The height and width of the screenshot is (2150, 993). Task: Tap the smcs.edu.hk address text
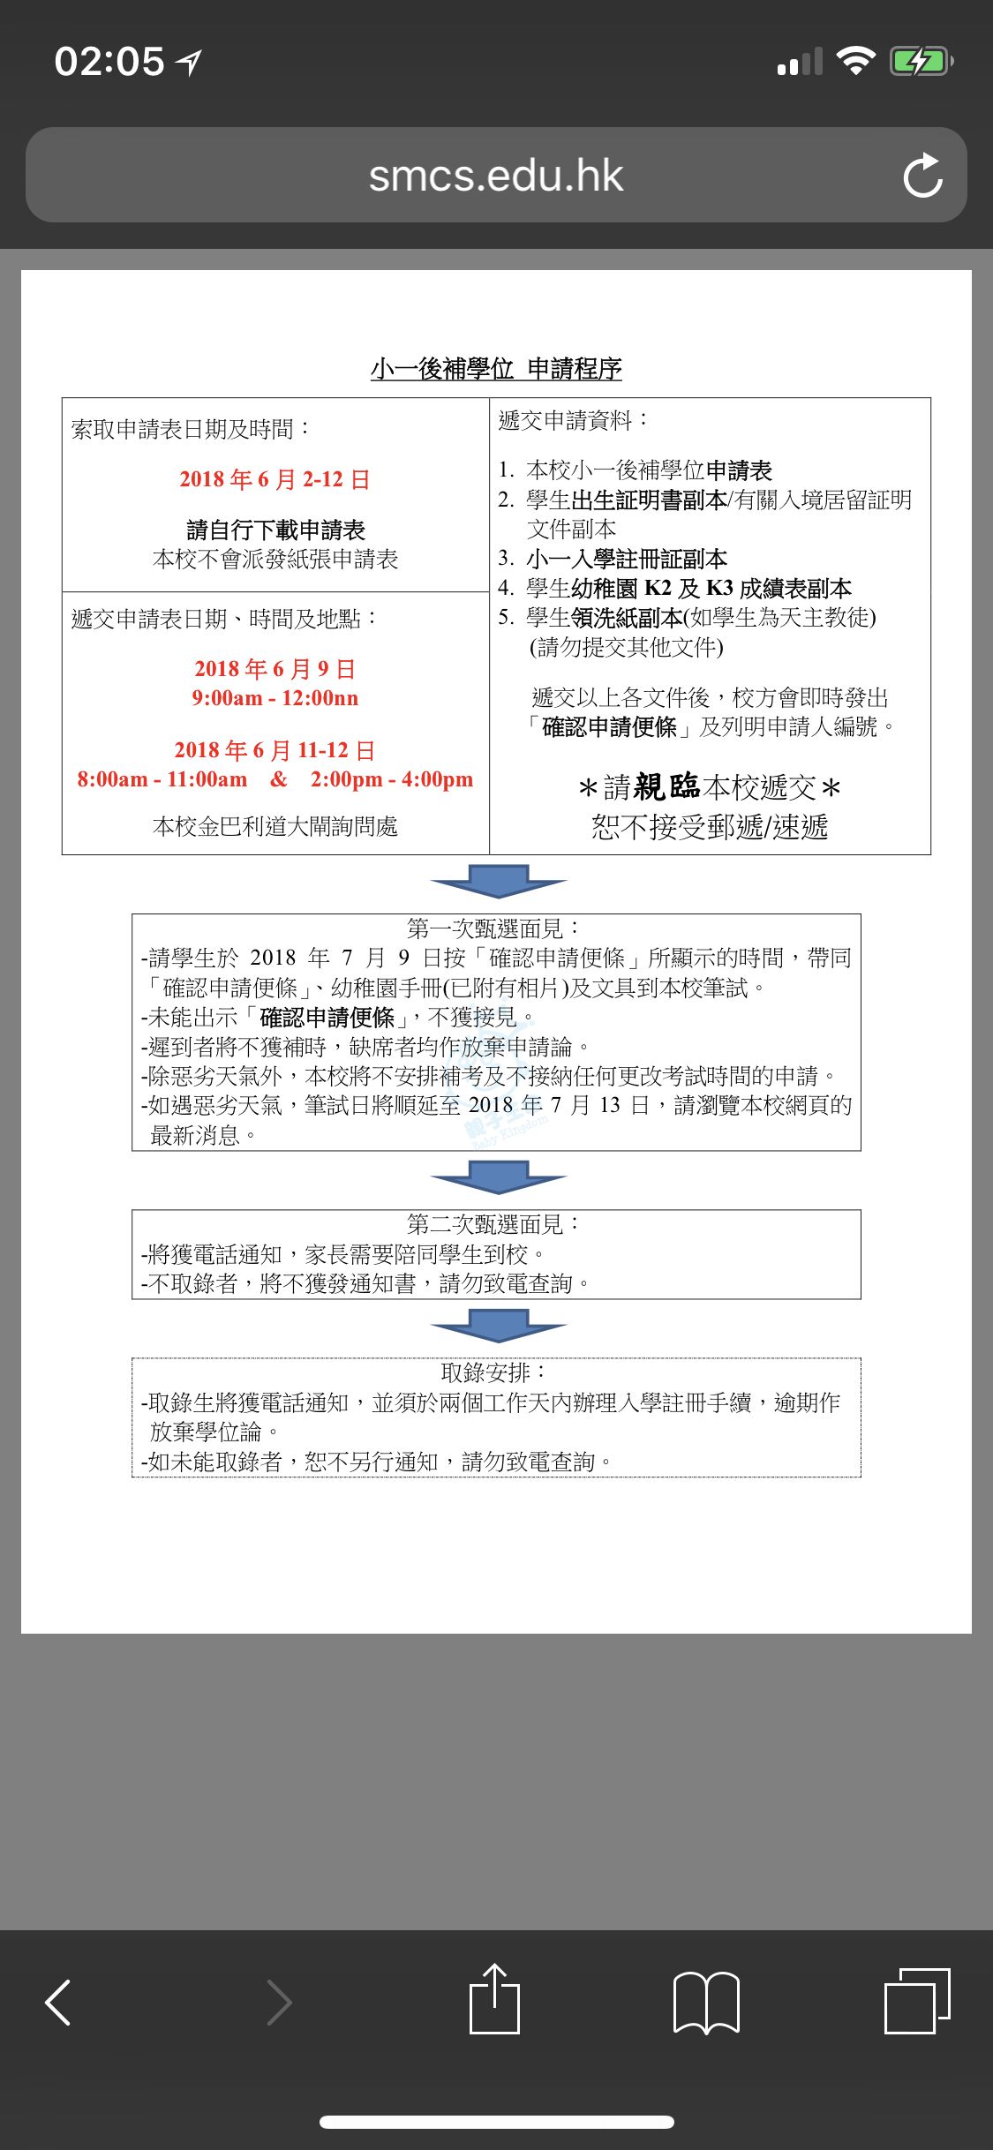495,176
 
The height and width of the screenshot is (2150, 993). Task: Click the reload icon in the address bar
922,176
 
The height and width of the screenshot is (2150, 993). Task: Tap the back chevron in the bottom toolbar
58,2002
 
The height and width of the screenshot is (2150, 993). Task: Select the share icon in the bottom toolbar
494,1999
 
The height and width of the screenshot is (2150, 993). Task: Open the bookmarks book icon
706,2002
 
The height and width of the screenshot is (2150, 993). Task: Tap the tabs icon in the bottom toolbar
917,2000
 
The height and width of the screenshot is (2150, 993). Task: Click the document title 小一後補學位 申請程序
496,368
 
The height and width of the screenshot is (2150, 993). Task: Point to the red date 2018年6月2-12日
275,479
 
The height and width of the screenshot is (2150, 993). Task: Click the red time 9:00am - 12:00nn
275,698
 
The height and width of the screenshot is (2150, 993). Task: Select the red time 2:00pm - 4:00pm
391,779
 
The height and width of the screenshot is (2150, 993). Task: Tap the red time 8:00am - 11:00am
162,779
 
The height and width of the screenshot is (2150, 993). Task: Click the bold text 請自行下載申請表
275,530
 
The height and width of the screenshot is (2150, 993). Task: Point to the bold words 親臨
666,786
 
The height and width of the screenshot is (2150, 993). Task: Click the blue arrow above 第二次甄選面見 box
498,1176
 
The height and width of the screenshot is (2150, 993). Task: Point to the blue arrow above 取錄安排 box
498,1325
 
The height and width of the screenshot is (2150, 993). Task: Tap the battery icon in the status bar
921,62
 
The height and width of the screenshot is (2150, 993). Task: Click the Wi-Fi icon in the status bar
854,61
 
